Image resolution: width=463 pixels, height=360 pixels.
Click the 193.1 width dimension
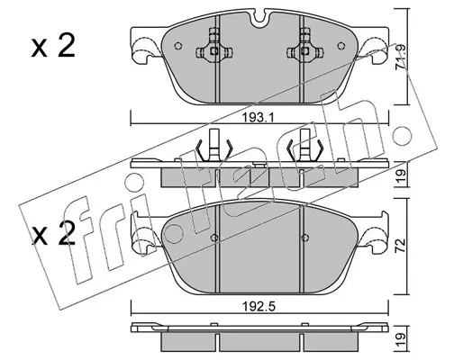259,118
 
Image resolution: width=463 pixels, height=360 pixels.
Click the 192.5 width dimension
259,307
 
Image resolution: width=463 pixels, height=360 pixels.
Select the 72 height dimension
401,246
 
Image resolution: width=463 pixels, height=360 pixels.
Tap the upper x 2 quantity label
53,47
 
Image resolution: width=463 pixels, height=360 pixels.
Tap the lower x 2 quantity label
53,235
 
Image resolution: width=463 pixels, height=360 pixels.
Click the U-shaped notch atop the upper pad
259,20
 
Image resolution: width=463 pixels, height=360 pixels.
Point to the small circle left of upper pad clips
178,46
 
